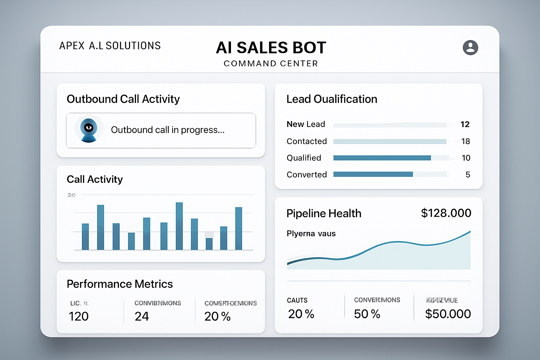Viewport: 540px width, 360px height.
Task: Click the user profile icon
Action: click(470, 47)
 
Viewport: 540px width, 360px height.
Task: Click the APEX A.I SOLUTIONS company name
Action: click(110, 46)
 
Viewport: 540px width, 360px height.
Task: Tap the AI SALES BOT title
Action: click(271, 48)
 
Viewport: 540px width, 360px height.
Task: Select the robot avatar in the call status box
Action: click(89, 129)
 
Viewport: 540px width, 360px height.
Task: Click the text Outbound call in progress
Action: click(167, 130)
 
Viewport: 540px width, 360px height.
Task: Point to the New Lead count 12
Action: click(465, 124)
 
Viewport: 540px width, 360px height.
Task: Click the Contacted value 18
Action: click(465, 141)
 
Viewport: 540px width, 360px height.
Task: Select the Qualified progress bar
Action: click(382, 158)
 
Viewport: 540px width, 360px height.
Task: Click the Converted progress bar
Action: click(373, 174)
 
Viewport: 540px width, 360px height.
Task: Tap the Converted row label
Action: click(307, 175)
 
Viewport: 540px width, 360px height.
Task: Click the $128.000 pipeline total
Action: click(446, 213)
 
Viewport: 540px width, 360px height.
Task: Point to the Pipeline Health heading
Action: click(323, 213)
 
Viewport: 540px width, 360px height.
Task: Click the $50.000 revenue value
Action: click(448, 314)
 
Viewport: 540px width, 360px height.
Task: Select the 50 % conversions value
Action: click(367, 314)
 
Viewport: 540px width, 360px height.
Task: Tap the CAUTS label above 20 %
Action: click(297, 300)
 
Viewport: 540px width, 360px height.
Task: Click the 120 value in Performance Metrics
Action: click(79, 316)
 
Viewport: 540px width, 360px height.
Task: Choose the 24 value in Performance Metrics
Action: click(142, 316)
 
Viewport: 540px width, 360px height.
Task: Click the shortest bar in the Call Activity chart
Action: click(209, 244)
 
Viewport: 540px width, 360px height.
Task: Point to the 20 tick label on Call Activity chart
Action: click(71, 195)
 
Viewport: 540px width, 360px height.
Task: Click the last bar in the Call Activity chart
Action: click(239, 229)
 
